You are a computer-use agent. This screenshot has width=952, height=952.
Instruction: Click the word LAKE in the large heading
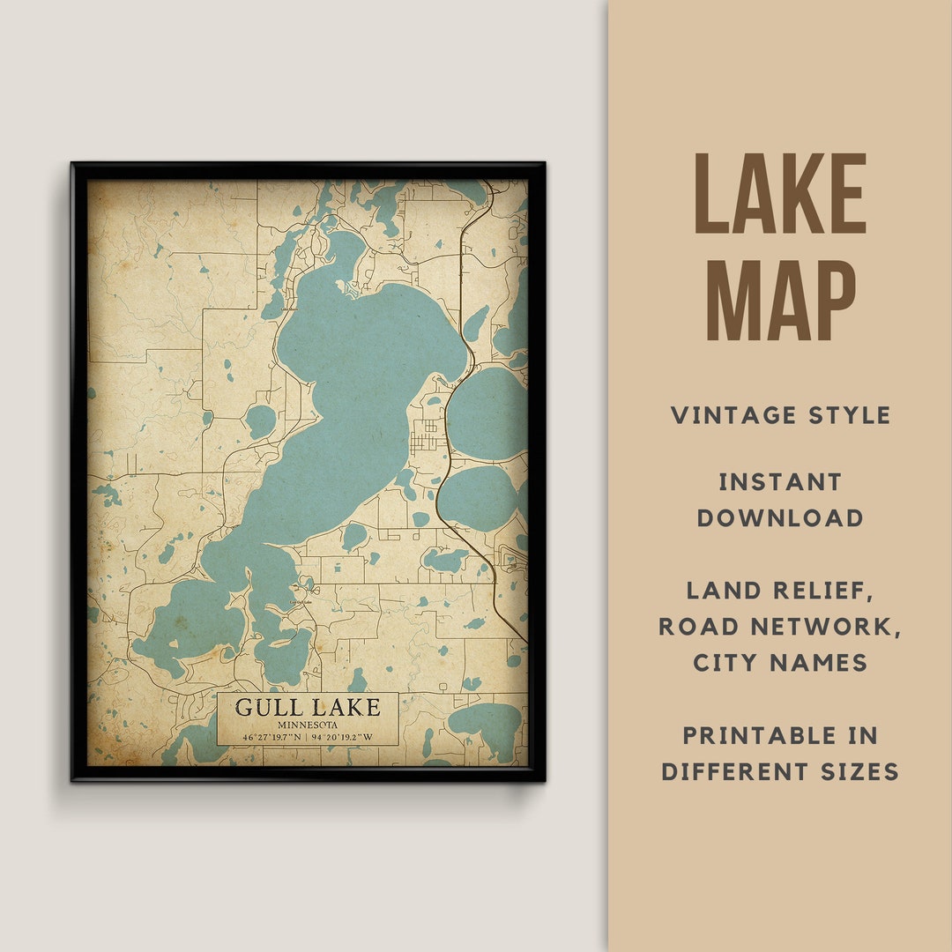point(780,194)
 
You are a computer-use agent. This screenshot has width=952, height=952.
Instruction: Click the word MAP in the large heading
point(780,300)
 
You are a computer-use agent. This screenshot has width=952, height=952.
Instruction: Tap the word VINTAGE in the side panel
point(731,415)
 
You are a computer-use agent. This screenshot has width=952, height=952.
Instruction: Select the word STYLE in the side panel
point(847,415)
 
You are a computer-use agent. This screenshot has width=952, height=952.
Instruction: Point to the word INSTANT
point(780,482)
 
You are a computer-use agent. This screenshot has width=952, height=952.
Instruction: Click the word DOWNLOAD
point(780,517)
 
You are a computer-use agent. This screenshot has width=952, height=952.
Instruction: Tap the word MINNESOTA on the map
point(308,725)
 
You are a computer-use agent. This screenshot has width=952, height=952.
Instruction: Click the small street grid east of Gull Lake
point(427,434)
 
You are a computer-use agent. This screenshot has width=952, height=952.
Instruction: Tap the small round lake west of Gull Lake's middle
point(260,421)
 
